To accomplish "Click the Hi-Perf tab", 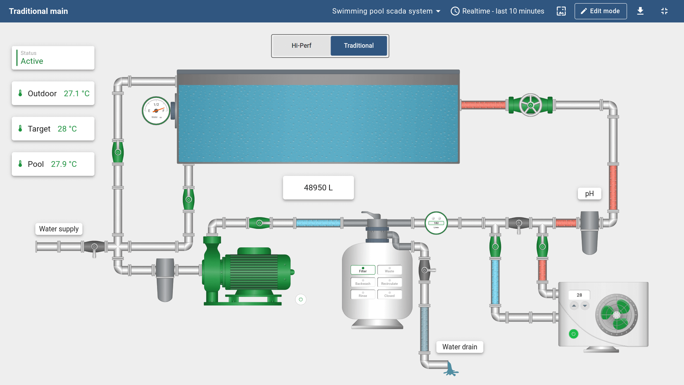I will (301, 46).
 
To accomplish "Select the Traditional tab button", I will (359, 46).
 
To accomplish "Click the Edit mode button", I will (600, 11).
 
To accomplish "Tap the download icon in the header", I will (640, 11).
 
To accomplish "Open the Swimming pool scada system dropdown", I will (386, 11).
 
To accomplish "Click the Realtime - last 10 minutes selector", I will (498, 11).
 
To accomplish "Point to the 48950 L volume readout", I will (318, 188).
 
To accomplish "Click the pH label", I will (589, 194).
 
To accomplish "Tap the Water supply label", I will (59, 229).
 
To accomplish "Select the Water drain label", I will (460, 347).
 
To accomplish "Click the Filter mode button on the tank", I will (363, 270).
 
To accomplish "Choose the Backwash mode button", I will (363, 282).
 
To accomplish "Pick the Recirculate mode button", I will (389, 282).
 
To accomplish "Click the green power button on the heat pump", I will (574, 334).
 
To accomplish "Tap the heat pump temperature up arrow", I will (574, 306).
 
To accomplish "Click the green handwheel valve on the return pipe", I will (530, 105).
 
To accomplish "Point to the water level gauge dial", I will (156, 111).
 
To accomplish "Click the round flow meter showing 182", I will (436, 223).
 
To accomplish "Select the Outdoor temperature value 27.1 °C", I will (77, 93).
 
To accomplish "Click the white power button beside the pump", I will (301, 299).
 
